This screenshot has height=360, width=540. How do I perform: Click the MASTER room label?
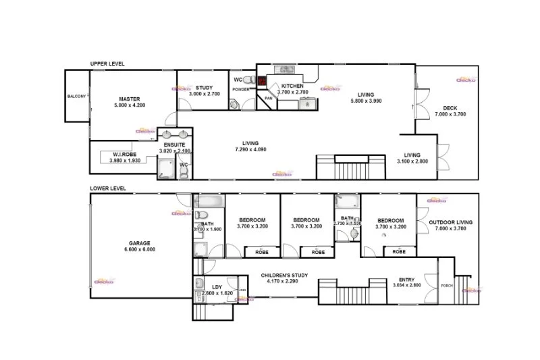point(130,99)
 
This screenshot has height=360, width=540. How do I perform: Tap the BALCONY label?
point(76,97)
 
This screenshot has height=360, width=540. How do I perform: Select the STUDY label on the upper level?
point(204,88)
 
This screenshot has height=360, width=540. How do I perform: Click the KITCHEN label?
point(293,85)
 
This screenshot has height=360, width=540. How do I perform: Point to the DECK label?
point(450,108)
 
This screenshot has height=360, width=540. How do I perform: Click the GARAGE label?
point(140,242)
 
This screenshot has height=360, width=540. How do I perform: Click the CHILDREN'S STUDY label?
point(284,275)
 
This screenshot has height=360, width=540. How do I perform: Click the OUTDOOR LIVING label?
point(450,222)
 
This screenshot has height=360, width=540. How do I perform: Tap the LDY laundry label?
point(217,287)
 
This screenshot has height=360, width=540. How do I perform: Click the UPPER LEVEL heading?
point(107,63)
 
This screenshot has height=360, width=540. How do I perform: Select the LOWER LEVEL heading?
point(107,188)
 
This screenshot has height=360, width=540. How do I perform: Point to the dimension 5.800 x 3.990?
point(366,101)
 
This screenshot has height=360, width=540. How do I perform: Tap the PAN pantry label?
point(268,99)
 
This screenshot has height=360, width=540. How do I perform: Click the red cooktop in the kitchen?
point(263,84)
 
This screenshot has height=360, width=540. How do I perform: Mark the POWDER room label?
point(241,89)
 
